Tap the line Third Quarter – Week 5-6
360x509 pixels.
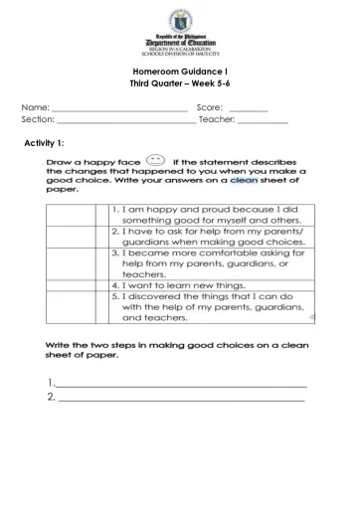pos(180,86)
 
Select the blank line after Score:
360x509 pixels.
pos(248,107)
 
